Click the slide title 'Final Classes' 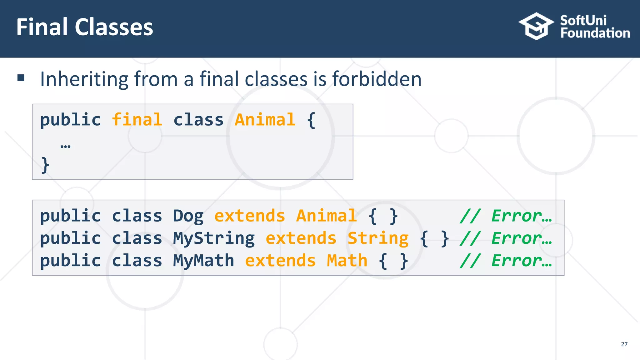click(x=85, y=27)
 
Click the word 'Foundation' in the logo click(x=595, y=33)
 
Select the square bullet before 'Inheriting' click(x=21, y=78)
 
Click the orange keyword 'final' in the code click(x=137, y=120)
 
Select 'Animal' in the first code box click(x=265, y=120)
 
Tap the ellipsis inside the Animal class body click(x=65, y=146)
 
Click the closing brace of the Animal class click(x=45, y=165)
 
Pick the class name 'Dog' click(x=188, y=216)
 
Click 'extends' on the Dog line click(x=249, y=216)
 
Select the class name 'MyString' click(x=214, y=238)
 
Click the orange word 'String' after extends click(x=378, y=238)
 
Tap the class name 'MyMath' click(x=203, y=261)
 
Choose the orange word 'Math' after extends click(x=347, y=261)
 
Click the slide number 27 click(x=624, y=344)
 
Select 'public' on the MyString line click(x=70, y=238)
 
